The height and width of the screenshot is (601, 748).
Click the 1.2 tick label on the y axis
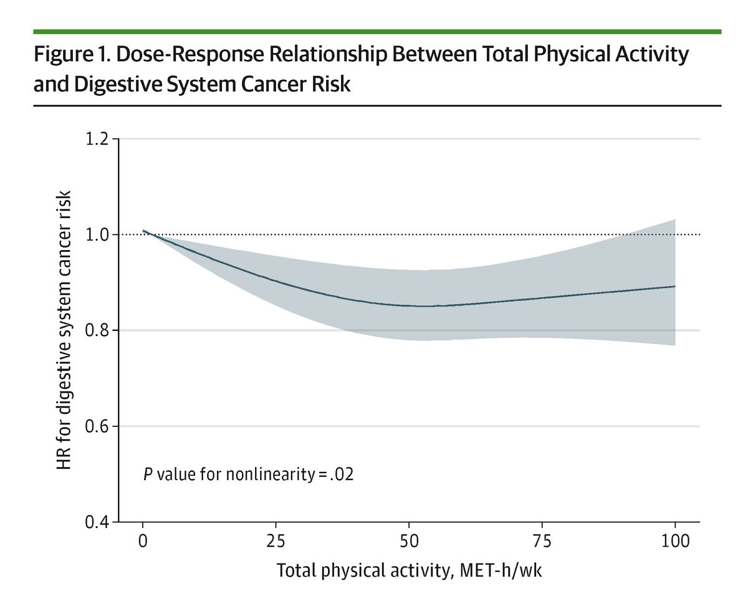97,139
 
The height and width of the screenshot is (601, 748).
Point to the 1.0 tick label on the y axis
97,235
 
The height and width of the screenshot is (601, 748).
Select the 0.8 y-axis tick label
97,330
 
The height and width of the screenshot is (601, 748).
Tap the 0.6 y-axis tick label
97,426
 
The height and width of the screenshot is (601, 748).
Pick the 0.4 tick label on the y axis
97,522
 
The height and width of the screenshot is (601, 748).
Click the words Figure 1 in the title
69,55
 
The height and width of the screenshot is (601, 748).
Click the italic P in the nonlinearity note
148,474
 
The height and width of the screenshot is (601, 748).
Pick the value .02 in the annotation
342,474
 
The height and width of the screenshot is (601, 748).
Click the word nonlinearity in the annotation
273,474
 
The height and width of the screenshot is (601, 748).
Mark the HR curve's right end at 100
675,286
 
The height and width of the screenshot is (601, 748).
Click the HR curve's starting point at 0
143,231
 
